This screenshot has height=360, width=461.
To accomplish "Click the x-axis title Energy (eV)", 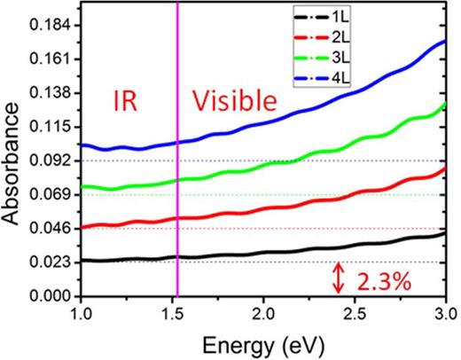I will (262, 344).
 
